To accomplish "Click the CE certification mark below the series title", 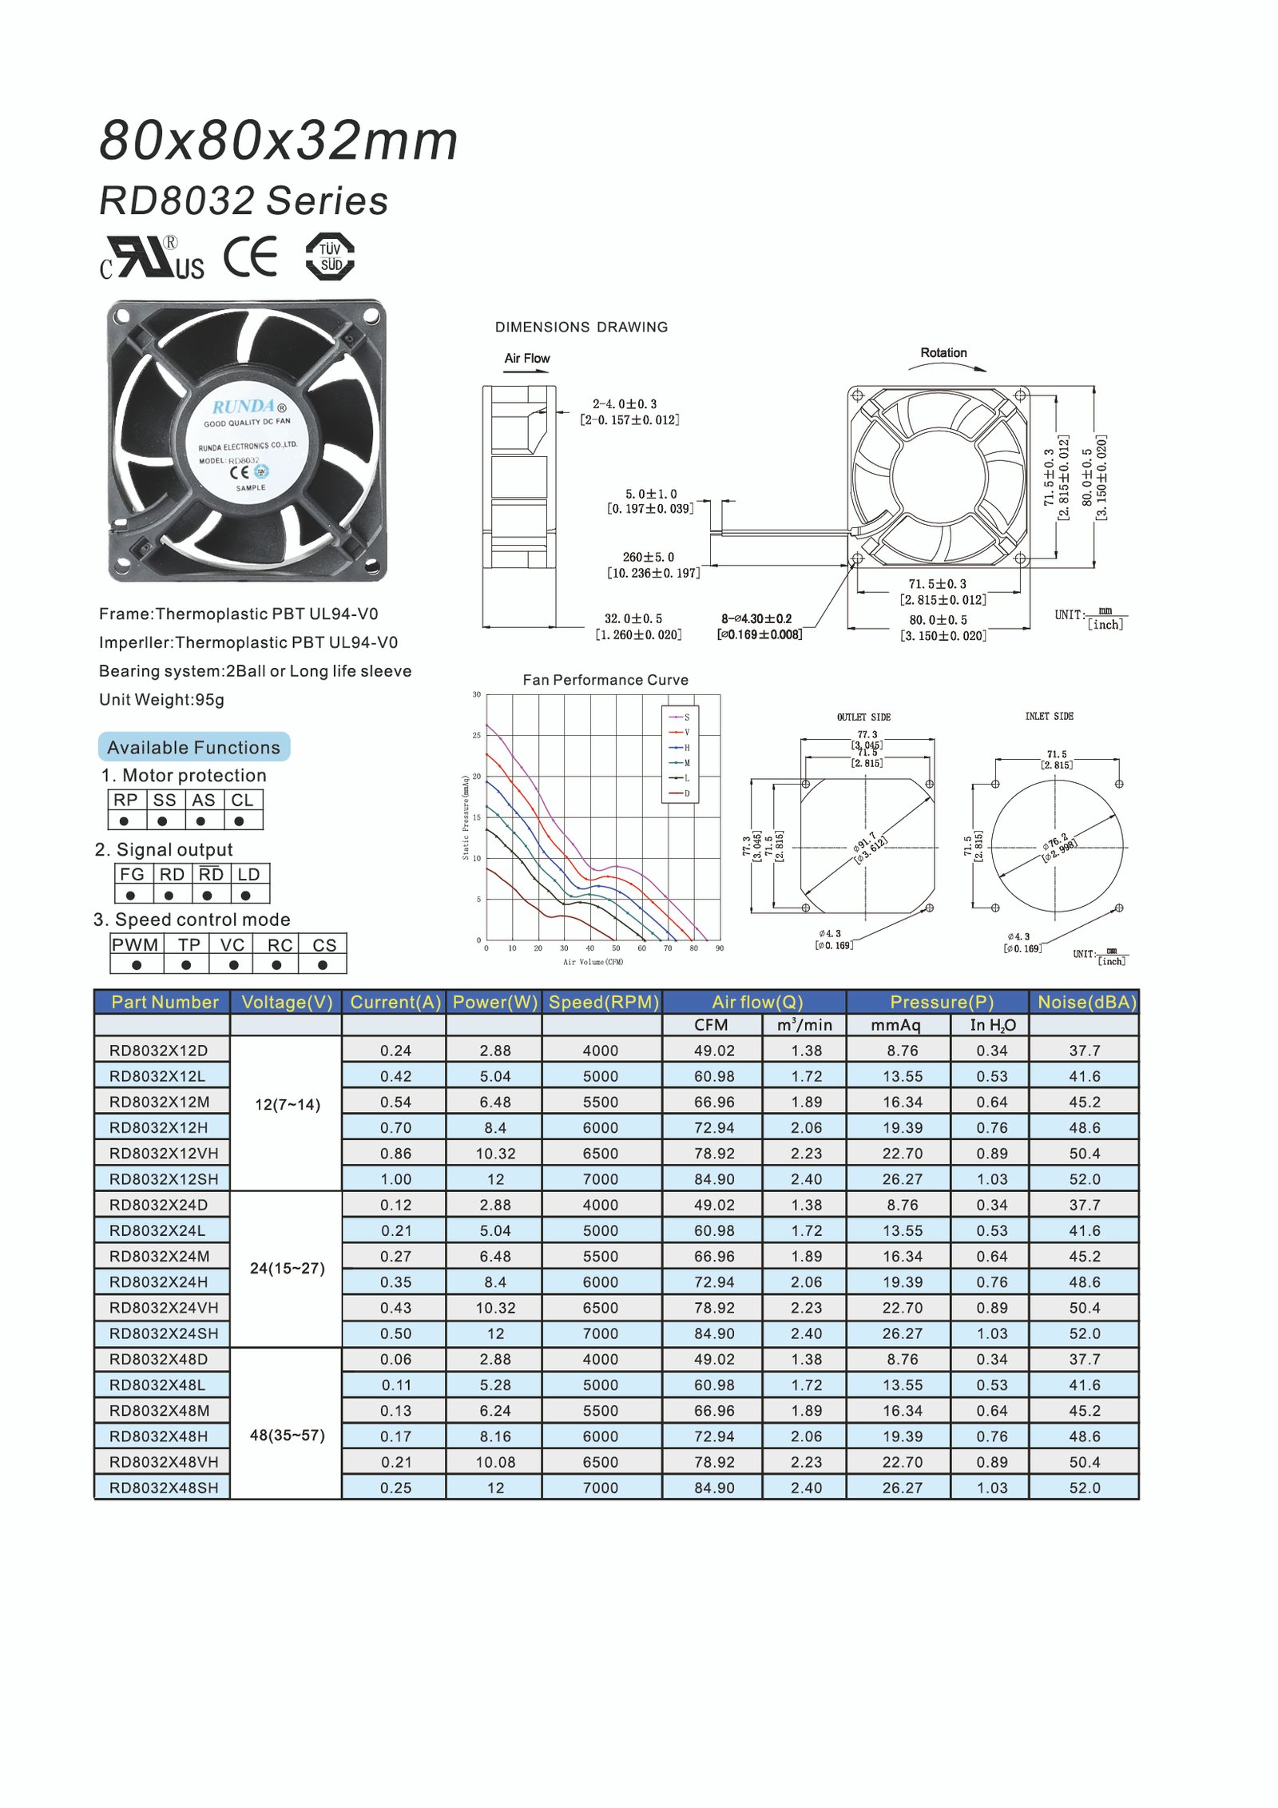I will point(250,256).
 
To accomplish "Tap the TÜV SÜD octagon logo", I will point(330,256).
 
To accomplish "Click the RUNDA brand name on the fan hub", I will point(244,406).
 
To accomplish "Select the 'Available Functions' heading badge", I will point(193,747).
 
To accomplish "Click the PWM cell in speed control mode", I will point(136,944).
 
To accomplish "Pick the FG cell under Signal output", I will point(132,874).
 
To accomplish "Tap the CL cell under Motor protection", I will point(242,800).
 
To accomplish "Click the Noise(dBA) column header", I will point(1086,1002).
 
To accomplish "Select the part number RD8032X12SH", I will point(163,1178).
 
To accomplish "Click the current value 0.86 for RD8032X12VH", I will point(395,1153).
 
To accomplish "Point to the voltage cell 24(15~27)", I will point(287,1268).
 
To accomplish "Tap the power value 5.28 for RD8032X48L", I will point(495,1385).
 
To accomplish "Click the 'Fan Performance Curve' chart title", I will point(605,680).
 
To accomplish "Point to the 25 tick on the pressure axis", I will point(477,735).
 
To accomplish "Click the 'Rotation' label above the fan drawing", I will point(943,352).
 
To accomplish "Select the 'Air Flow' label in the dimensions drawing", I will point(526,358).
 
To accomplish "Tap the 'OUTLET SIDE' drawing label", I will point(863,717).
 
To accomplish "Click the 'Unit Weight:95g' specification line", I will point(161,700).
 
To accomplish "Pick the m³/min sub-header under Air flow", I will point(804,1025).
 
